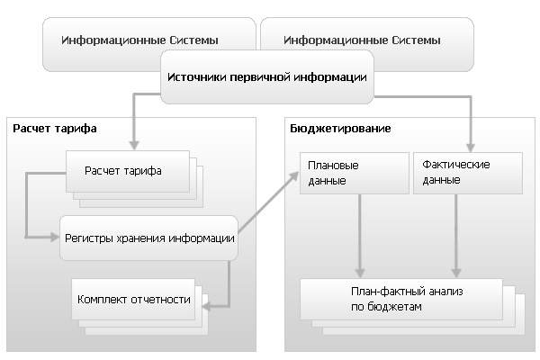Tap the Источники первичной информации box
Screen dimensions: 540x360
pyautogui.click(x=267, y=76)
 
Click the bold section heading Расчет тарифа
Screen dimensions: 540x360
pyautogui.click(x=55, y=129)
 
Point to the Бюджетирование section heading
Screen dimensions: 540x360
pyautogui.click(x=340, y=129)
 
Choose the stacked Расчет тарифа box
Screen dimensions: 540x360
pyautogui.click(x=128, y=172)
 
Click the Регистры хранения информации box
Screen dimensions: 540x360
pyautogui.click(x=148, y=238)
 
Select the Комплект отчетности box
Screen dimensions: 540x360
pyautogui.click(x=133, y=299)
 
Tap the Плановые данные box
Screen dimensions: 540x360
pyautogui.click(x=355, y=174)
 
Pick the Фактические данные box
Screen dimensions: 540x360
pyautogui.click(x=468, y=174)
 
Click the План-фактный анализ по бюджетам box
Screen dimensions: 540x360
pyautogui.click(x=401, y=299)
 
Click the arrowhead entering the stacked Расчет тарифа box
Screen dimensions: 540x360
pyautogui.click(x=134, y=146)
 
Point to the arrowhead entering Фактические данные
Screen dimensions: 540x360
pyautogui.click(x=471, y=148)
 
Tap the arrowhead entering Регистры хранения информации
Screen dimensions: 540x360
pyautogui.click(x=55, y=237)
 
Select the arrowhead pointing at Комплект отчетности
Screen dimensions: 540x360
pyautogui.click(x=206, y=306)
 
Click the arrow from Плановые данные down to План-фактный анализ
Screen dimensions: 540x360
pyautogui.click(x=360, y=236)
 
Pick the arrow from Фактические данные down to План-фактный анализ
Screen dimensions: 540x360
pyautogui.click(x=456, y=236)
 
